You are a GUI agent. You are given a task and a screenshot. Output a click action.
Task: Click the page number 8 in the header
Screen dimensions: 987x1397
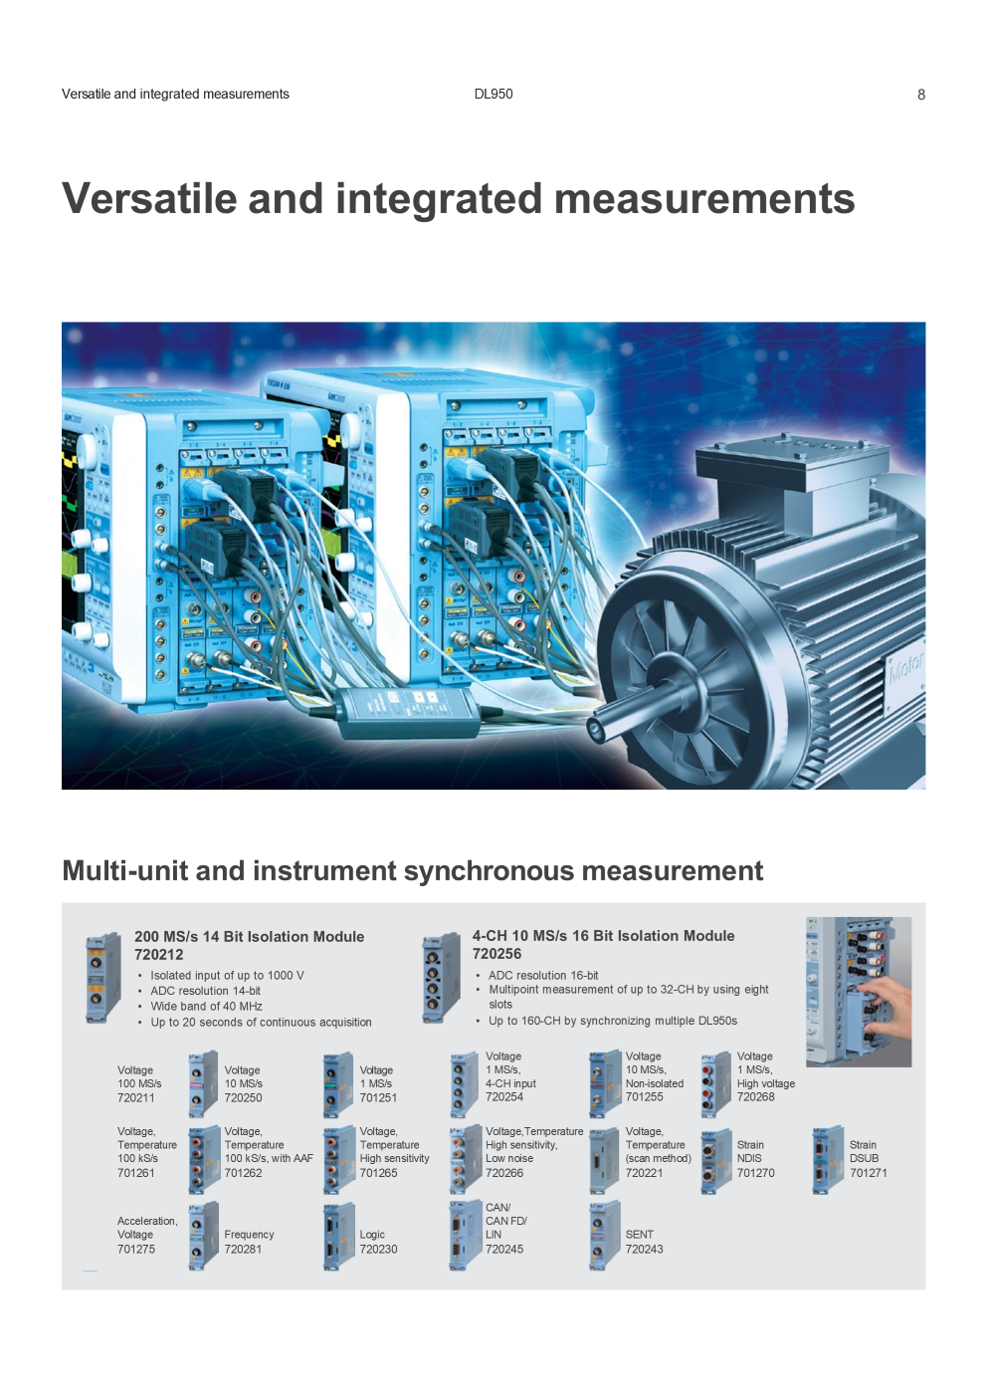point(921,95)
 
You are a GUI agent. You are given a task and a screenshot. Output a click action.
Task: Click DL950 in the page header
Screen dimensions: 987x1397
point(493,95)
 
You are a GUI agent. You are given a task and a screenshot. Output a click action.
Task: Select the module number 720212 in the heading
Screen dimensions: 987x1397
point(159,954)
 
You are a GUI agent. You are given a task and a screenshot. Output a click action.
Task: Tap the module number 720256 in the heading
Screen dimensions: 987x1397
point(496,954)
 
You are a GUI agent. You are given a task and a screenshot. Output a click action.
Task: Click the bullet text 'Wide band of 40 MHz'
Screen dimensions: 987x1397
point(206,1006)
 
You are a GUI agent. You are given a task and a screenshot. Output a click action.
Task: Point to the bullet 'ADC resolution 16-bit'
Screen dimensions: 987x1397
point(543,975)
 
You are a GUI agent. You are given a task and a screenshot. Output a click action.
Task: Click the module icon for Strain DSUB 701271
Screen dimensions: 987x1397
point(828,1159)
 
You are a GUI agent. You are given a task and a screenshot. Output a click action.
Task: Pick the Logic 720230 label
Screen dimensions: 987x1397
point(378,1241)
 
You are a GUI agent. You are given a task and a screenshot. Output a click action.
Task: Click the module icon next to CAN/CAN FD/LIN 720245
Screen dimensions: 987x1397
point(465,1236)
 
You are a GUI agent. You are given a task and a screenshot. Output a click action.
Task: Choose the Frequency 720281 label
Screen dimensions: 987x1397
point(250,1241)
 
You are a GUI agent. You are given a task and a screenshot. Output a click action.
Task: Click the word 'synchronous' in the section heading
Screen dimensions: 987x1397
point(489,870)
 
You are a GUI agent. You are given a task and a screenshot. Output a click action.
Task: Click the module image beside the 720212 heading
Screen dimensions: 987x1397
point(103,977)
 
